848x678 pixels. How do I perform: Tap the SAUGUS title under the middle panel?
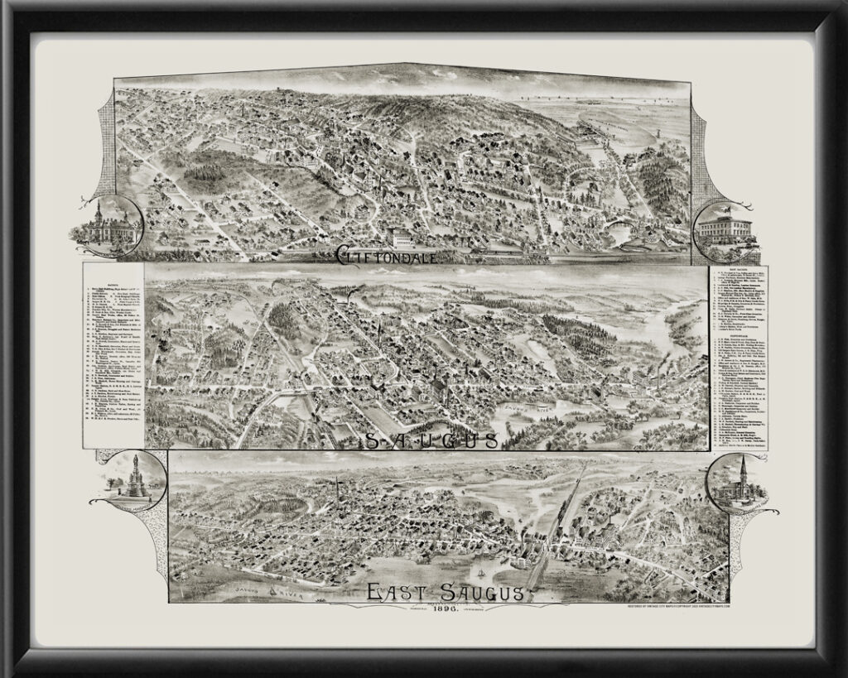pos(431,439)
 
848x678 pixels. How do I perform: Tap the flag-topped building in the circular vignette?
pos(723,225)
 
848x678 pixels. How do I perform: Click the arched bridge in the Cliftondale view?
pos(617,226)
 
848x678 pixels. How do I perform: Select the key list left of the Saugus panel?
pos(113,356)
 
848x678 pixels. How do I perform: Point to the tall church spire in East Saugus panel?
pos(337,488)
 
